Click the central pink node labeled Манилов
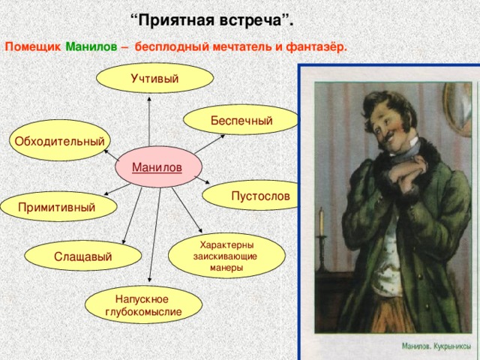click(157, 166)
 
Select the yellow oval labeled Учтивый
click(154, 79)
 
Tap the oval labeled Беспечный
click(241, 120)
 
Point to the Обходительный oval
click(61, 141)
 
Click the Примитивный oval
click(58, 206)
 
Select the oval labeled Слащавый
click(82, 257)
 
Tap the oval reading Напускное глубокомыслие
click(142, 305)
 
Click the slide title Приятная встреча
click(211, 18)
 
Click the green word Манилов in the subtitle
click(91, 47)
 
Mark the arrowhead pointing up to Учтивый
click(149, 100)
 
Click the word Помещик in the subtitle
click(33, 47)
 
